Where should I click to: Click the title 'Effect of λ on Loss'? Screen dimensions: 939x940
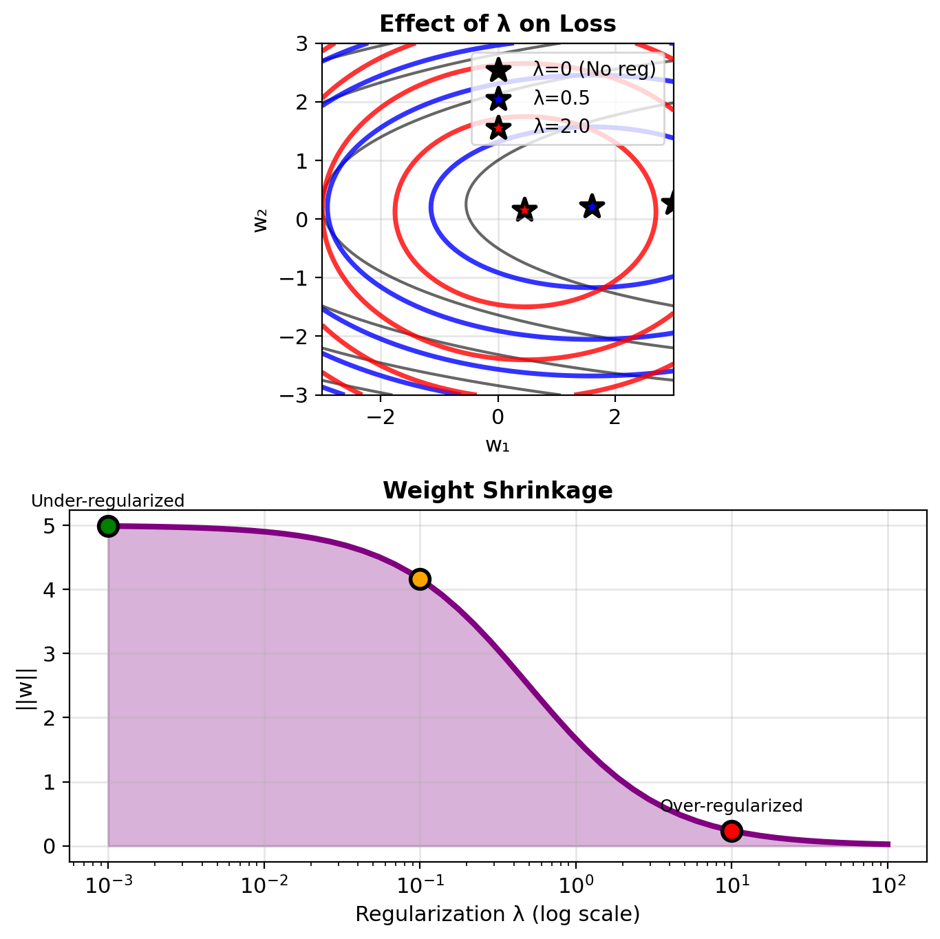click(498, 24)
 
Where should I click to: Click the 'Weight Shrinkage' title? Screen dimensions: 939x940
click(498, 491)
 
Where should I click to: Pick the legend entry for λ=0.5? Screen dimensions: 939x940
click(562, 98)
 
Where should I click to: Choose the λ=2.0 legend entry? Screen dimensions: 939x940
click(562, 127)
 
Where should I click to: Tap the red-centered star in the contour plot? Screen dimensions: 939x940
click(524, 210)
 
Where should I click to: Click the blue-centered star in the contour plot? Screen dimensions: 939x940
click(592, 206)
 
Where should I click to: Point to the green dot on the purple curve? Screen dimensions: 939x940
click(108, 527)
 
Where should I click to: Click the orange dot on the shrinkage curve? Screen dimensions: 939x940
click(420, 579)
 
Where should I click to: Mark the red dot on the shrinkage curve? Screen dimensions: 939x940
click(731, 832)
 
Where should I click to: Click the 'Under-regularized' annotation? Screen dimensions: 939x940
click(108, 501)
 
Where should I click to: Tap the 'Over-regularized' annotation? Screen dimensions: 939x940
click(731, 806)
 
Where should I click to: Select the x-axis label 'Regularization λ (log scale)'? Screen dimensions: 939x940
click(498, 914)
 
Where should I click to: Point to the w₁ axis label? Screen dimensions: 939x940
click(498, 445)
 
